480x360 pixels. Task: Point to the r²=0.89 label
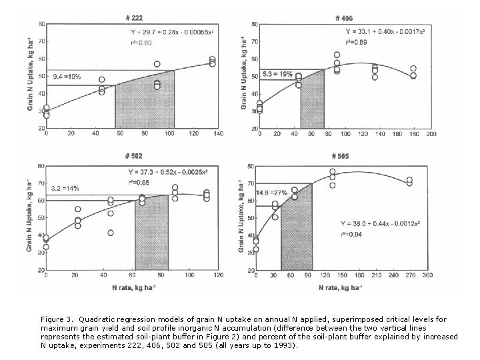click(x=355, y=42)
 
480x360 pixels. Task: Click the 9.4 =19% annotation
click(x=66, y=77)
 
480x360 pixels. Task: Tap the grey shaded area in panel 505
click(x=297, y=230)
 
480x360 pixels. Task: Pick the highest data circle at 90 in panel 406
click(x=337, y=55)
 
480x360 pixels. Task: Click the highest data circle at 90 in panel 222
click(x=157, y=65)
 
